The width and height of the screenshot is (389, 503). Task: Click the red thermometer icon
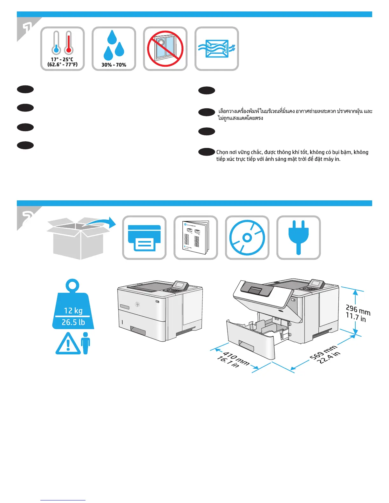68,43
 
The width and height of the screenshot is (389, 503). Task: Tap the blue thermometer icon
57,43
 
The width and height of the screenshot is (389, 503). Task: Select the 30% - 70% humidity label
114,65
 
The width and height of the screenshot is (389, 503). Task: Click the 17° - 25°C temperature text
62,59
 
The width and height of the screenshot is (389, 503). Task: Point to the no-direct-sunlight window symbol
165,49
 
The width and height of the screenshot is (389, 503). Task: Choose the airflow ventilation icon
217,49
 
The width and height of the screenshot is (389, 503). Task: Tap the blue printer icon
144,238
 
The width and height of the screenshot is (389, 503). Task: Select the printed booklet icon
196,238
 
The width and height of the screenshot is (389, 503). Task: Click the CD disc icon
247,238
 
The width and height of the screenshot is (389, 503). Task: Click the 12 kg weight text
73,311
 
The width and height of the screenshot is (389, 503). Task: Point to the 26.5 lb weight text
73,322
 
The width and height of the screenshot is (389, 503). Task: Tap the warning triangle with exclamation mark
68,344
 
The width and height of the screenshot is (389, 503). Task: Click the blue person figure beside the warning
86,343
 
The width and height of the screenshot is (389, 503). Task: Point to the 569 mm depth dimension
323,352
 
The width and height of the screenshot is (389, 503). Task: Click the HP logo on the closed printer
137,305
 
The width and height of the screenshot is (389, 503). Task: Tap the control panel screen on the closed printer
180,285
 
